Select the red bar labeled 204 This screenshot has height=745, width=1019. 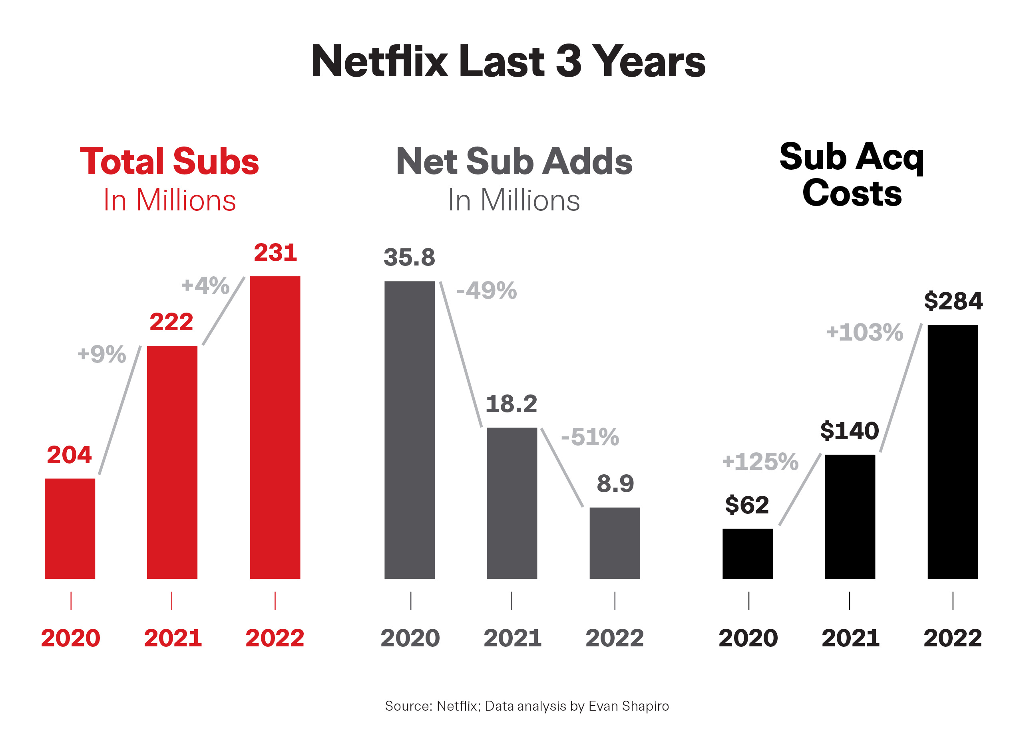point(70,528)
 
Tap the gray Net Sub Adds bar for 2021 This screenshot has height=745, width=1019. point(512,503)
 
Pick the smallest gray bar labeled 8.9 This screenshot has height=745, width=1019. point(615,543)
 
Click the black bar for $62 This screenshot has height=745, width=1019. point(747,553)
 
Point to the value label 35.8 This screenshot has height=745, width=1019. point(409,258)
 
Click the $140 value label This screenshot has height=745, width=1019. point(849,431)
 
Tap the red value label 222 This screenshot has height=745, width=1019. point(171,322)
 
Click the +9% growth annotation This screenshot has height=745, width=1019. point(102,354)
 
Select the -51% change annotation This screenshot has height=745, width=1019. point(590,437)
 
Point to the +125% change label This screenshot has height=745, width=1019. point(760,462)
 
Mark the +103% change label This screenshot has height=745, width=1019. point(864,332)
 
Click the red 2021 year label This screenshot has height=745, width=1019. point(173,638)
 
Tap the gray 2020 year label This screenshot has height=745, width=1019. point(410,638)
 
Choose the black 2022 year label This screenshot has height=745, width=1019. point(952,638)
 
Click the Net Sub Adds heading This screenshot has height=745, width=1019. point(514,161)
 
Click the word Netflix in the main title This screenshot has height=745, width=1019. point(379,61)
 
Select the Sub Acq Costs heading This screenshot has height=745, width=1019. point(852,174)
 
